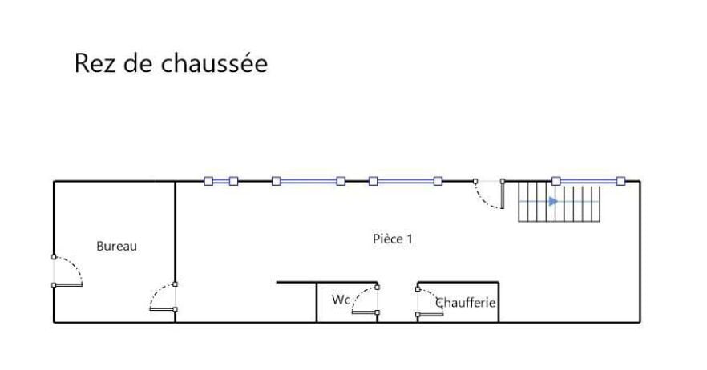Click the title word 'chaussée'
[x=214, y=62]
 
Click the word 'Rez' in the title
[x=93, y=63]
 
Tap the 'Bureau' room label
[x=116, y=246]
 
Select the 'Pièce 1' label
[x=392, y=239]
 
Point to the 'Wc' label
[x=341, y=300]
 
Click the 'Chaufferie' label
[x=465, y=303]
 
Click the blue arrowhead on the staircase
[x=553, y=202]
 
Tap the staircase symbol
[x=560, y=202]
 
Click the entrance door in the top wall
[x=489, y=195]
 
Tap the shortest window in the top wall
[x=221, y=181]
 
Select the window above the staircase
[x=588, y=181]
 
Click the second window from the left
[x=309, y=181]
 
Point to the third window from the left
[x=406, y=181]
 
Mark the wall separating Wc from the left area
[x=317, y=303]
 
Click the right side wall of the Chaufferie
[x=499, y=303]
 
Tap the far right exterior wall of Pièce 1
[x=640, y=252]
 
